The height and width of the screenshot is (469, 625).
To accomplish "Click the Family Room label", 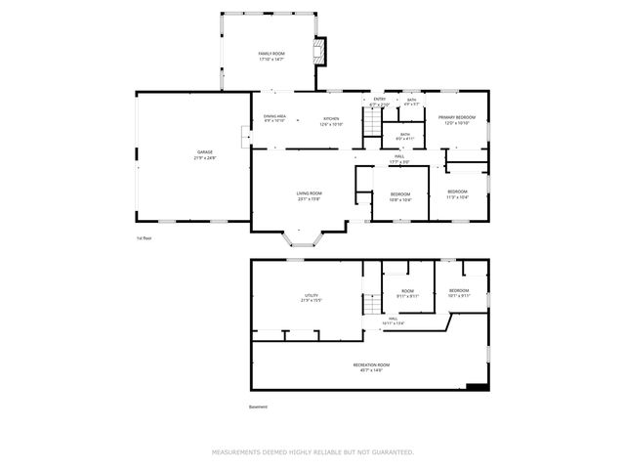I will (x=271, y=56).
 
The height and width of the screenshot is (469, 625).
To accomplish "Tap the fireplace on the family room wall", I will (x=317, y=51).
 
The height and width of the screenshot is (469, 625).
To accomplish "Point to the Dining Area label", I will (x=274, y=118).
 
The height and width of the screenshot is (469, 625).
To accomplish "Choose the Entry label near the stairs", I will (x=379, y=101).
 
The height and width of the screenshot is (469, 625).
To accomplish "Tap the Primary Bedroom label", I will (x=457, y=119).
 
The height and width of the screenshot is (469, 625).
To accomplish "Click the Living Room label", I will (x=310, y=195).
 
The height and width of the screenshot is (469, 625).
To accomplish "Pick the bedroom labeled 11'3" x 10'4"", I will (x=457, y=193).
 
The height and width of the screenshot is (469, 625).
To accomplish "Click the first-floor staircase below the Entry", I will (x=372, y=122).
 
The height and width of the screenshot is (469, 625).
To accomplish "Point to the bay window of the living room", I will (x=301, y=236).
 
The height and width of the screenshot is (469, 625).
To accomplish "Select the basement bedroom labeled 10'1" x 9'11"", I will (x=459, y=293).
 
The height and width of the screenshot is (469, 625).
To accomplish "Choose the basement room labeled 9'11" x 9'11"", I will (x=407, y=293).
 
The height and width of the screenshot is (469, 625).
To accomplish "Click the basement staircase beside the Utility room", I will (x=372, y=304).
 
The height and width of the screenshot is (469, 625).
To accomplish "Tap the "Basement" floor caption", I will (x=258, y=407).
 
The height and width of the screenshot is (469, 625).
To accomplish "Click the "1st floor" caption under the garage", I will (x=145, y=237).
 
